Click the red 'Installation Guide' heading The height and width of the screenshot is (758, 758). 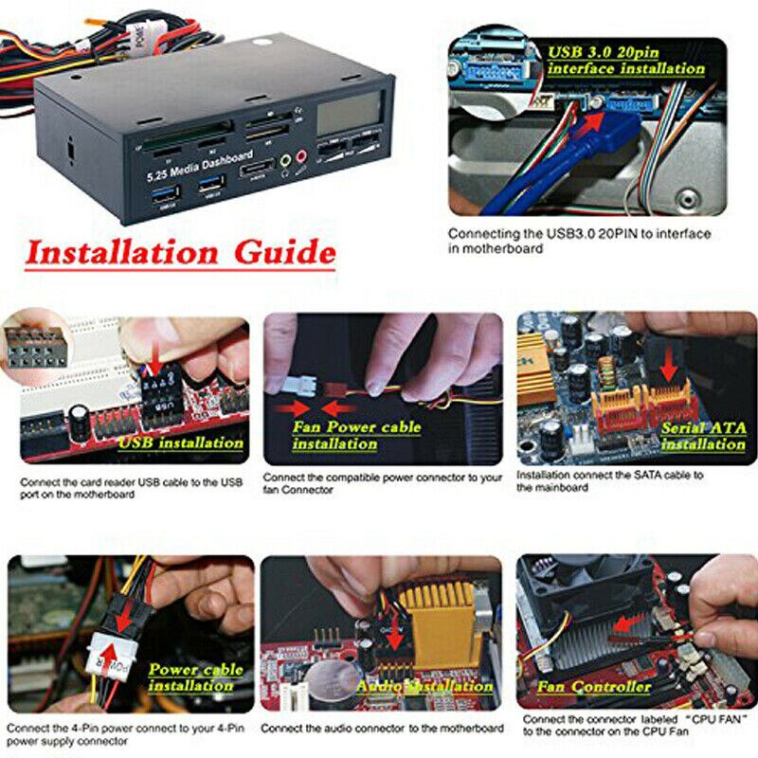tap(180, 254)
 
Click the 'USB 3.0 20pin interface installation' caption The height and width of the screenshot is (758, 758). tap(626, 60)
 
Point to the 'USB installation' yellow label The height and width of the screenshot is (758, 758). tap(181, 442)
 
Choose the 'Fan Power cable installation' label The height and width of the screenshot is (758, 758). tap(356, 435)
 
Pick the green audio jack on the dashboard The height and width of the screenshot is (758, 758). tap(281, 163)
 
